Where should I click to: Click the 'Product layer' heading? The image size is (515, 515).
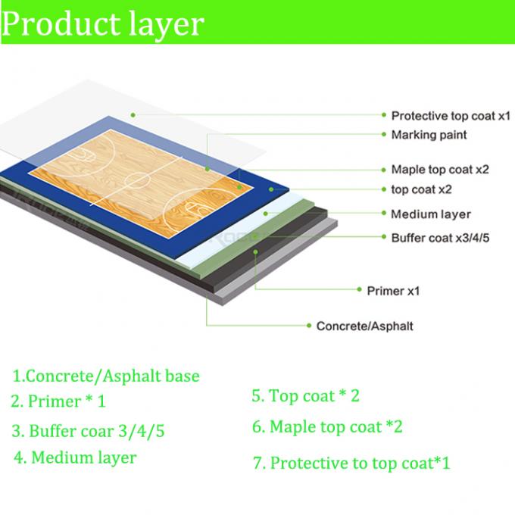(x=103, y=24)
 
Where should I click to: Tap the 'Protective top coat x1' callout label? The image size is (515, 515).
(x=451, y=116)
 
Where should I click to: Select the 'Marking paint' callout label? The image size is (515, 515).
(x=429, y=135)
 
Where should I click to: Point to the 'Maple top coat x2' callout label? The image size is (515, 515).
(x=440, y=170)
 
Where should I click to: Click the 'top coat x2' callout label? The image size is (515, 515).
(x=421, y=189)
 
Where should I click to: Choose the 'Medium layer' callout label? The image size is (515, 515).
(x=431, y=214)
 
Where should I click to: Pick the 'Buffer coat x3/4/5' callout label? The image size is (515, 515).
(x=440, y=238)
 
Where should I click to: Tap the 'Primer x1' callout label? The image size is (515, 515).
(x=393, y=291)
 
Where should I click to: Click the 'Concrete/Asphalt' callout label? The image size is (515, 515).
(x=364, y=326)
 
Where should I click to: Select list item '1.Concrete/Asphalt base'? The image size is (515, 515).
(x=106, y=376)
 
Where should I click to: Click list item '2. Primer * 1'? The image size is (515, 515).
(x=58, y=401)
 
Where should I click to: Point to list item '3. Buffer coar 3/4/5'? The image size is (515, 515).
(x=88, y=431)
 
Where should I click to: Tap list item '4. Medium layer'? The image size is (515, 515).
(x=75, y=457)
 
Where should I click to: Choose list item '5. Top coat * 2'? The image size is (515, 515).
(x=305, y=395)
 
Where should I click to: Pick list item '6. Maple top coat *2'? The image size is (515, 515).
(x=327, y=426)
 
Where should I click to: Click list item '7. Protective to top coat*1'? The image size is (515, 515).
(x=351, y=463)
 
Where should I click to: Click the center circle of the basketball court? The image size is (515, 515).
(x=138, y=180)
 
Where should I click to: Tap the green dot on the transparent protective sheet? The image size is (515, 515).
(x=133, y=115)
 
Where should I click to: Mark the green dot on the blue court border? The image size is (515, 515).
(x=271, y=189)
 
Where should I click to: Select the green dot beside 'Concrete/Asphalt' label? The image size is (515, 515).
(x=309, y=326)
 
